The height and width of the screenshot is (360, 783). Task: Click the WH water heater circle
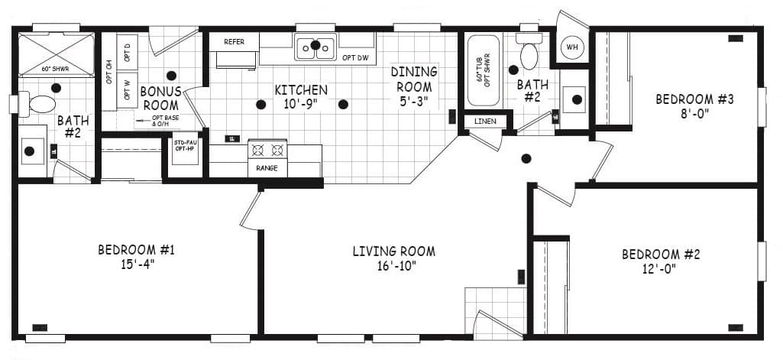tap(571, 48)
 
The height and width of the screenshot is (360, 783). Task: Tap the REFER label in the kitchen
tap(235, 42)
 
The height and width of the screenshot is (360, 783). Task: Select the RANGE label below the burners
tap(267, 168)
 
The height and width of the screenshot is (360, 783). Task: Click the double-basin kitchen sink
tap(315, 47)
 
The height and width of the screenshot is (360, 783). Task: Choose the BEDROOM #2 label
tap(660, 255)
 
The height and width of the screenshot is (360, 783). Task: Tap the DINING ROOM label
tap(414, 78)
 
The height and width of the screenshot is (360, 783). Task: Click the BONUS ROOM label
tap(160, 98)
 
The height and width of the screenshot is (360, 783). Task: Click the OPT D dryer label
tap(128, 53)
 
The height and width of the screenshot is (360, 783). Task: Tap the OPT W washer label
tap(128, 83)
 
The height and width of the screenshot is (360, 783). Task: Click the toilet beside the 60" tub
tap(529, 52)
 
